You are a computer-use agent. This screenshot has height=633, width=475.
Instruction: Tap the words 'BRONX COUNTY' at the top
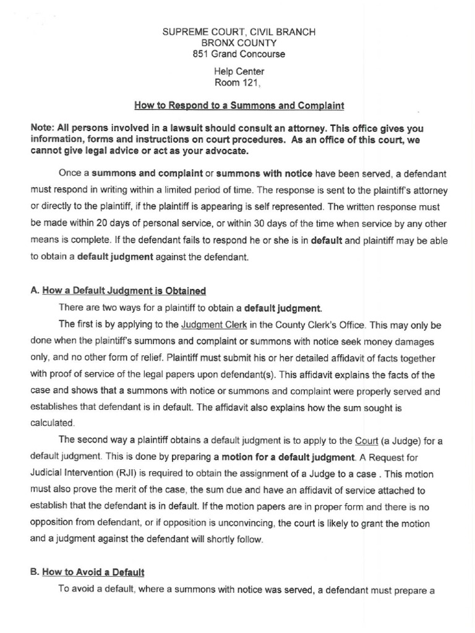tap(238, 43)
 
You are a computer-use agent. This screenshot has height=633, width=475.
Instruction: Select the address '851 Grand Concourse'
tap(238, 54)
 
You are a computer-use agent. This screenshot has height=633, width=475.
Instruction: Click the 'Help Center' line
tap(238, 72)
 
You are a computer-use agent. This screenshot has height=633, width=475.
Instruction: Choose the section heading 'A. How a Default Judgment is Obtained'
tap(118, 291)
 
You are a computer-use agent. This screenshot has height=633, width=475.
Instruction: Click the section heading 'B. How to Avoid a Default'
tap(87, 572)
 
